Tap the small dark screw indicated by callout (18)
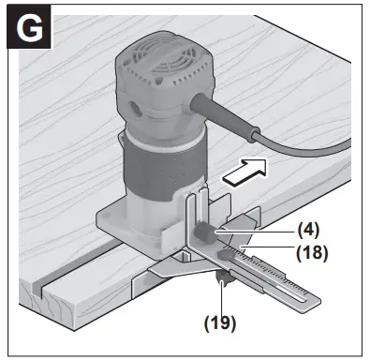[227, 251]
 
